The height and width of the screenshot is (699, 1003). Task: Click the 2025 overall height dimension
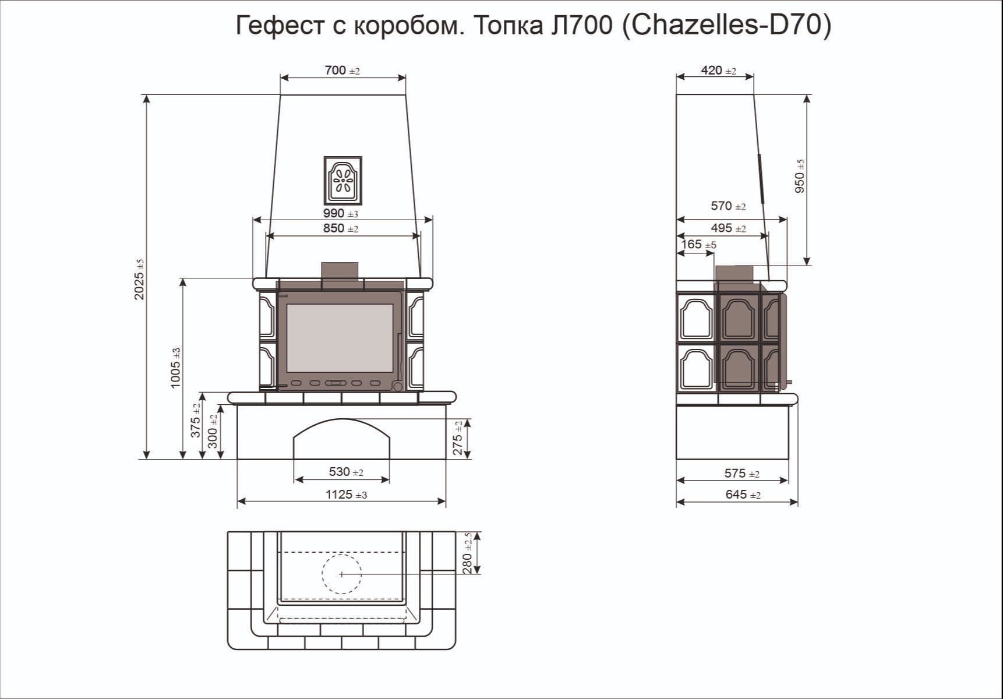click(x=139, y=280)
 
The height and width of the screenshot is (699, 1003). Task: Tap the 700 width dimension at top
click(x=342, y=70)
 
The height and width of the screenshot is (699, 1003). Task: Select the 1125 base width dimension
click(x=346, y=495)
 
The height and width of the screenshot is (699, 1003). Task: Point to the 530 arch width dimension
click(x=346, y=472)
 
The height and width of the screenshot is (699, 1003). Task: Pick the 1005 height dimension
click(x=175, y=368)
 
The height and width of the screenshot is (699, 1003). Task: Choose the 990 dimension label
click(x=341, y=213)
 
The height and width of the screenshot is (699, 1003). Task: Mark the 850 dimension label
click(x=341, y=228)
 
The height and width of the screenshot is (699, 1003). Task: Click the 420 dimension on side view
click(x=718, y=70)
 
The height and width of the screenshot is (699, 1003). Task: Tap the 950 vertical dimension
click(x=800, y=176)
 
